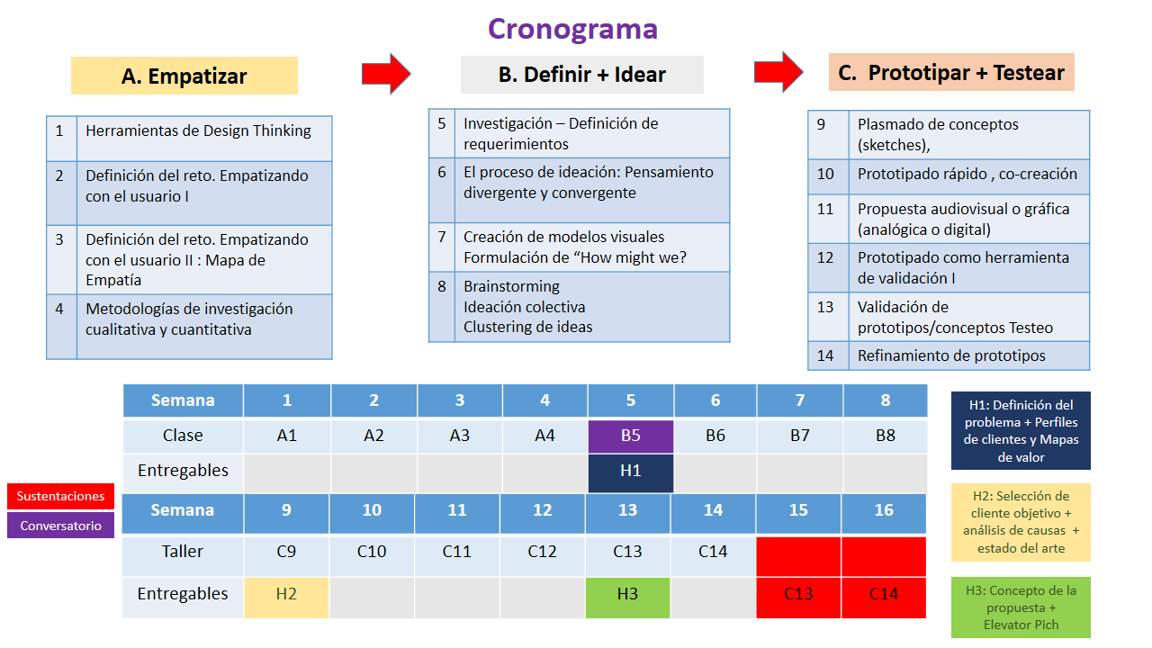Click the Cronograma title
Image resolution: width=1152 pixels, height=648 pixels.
(x=572, y=29)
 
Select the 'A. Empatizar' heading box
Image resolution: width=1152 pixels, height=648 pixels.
(x=184, y=76)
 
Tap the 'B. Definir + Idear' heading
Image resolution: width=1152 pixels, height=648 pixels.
(x=581, y=75)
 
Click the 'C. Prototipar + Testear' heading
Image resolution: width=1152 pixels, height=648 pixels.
(x=951, y=73)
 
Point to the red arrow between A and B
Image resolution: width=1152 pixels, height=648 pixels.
(x=386, y=73)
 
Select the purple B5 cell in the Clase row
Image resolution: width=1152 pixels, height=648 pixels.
(x=630, y=436)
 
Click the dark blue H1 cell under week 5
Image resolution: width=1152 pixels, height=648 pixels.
(x=630, y=472)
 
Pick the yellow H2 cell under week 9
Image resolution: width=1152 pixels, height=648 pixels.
(x=286, y=594)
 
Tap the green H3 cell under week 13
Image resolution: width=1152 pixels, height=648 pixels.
(x=627, y=594)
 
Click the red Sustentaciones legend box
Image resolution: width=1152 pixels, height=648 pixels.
(x=60, y=496)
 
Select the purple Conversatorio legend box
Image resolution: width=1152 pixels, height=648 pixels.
(x=60, y=526)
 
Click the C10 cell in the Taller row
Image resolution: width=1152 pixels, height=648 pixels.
(x=372, y=552)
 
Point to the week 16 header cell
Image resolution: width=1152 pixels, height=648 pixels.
(x=884, y=510)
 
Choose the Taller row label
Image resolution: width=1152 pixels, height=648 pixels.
(x=183, y=552)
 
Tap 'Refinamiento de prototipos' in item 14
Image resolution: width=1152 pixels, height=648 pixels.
(x=951, y=355)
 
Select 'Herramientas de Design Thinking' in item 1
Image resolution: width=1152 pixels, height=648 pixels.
(x=198, y=130)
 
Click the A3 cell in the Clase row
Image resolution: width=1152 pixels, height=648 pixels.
(x=459, y=436)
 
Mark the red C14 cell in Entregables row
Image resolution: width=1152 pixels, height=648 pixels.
(x=884, y=594)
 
